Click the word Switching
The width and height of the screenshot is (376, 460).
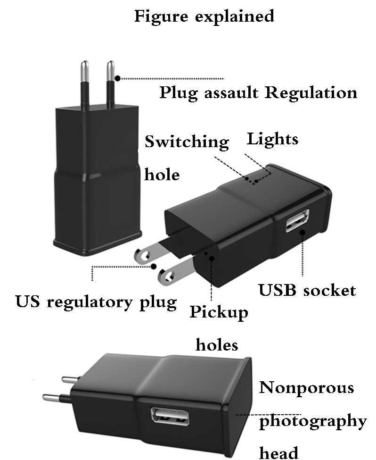tap(187, 142)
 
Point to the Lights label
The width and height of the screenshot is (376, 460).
tap(273, 139)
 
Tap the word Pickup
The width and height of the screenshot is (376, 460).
tap(219, 313)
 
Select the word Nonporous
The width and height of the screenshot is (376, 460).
tap(307, 388)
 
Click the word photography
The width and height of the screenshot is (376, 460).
tap(313, 420)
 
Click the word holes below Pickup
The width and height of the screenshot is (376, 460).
tap(217, 345)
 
